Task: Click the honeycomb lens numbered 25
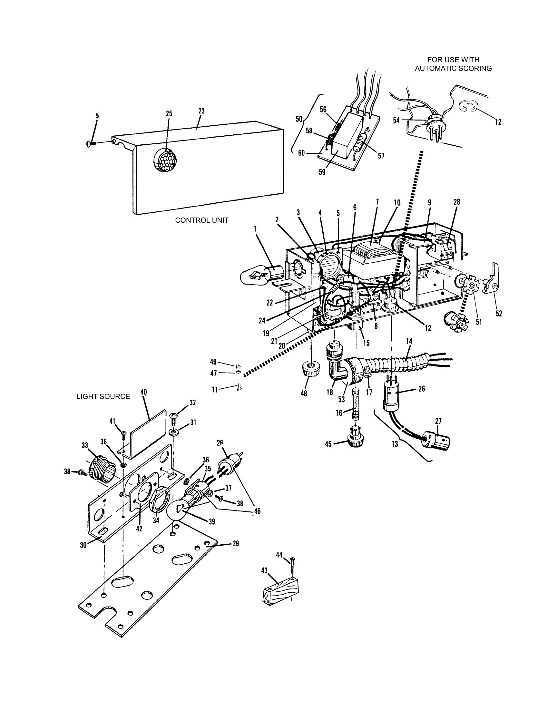click(165, 160)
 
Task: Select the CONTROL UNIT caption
click(201, 220)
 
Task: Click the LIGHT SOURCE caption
click(103, 396)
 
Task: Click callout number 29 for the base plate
click(236, 543)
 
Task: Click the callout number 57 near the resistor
click(381, 156)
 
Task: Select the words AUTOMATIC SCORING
click(453, 69)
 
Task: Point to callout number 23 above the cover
click(201, 111)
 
